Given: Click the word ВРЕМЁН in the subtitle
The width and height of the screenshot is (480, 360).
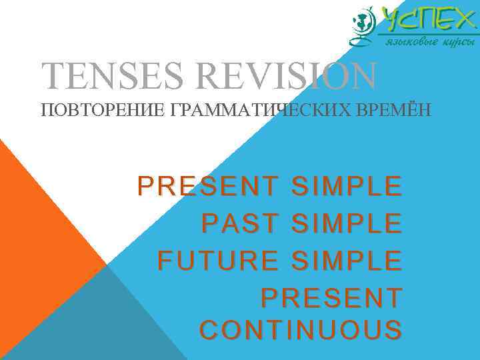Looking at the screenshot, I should click(x=398, y=109).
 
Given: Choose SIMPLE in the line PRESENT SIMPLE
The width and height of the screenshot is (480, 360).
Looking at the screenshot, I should click(x=347, y=187).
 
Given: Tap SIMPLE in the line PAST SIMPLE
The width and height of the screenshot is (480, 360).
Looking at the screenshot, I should click(x=347, y=223).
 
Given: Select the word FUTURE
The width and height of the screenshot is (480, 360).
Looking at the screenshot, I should click(x=218, y=259).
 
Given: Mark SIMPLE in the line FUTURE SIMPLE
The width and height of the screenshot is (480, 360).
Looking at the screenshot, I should click(x=347, y=259).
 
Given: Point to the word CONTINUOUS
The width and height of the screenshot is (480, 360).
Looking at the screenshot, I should click(x=301, y=330).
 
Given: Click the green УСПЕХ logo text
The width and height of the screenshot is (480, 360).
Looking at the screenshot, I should click(x=427, y=20).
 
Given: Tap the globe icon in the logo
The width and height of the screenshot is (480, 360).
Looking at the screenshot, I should click(x=363, y=25).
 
